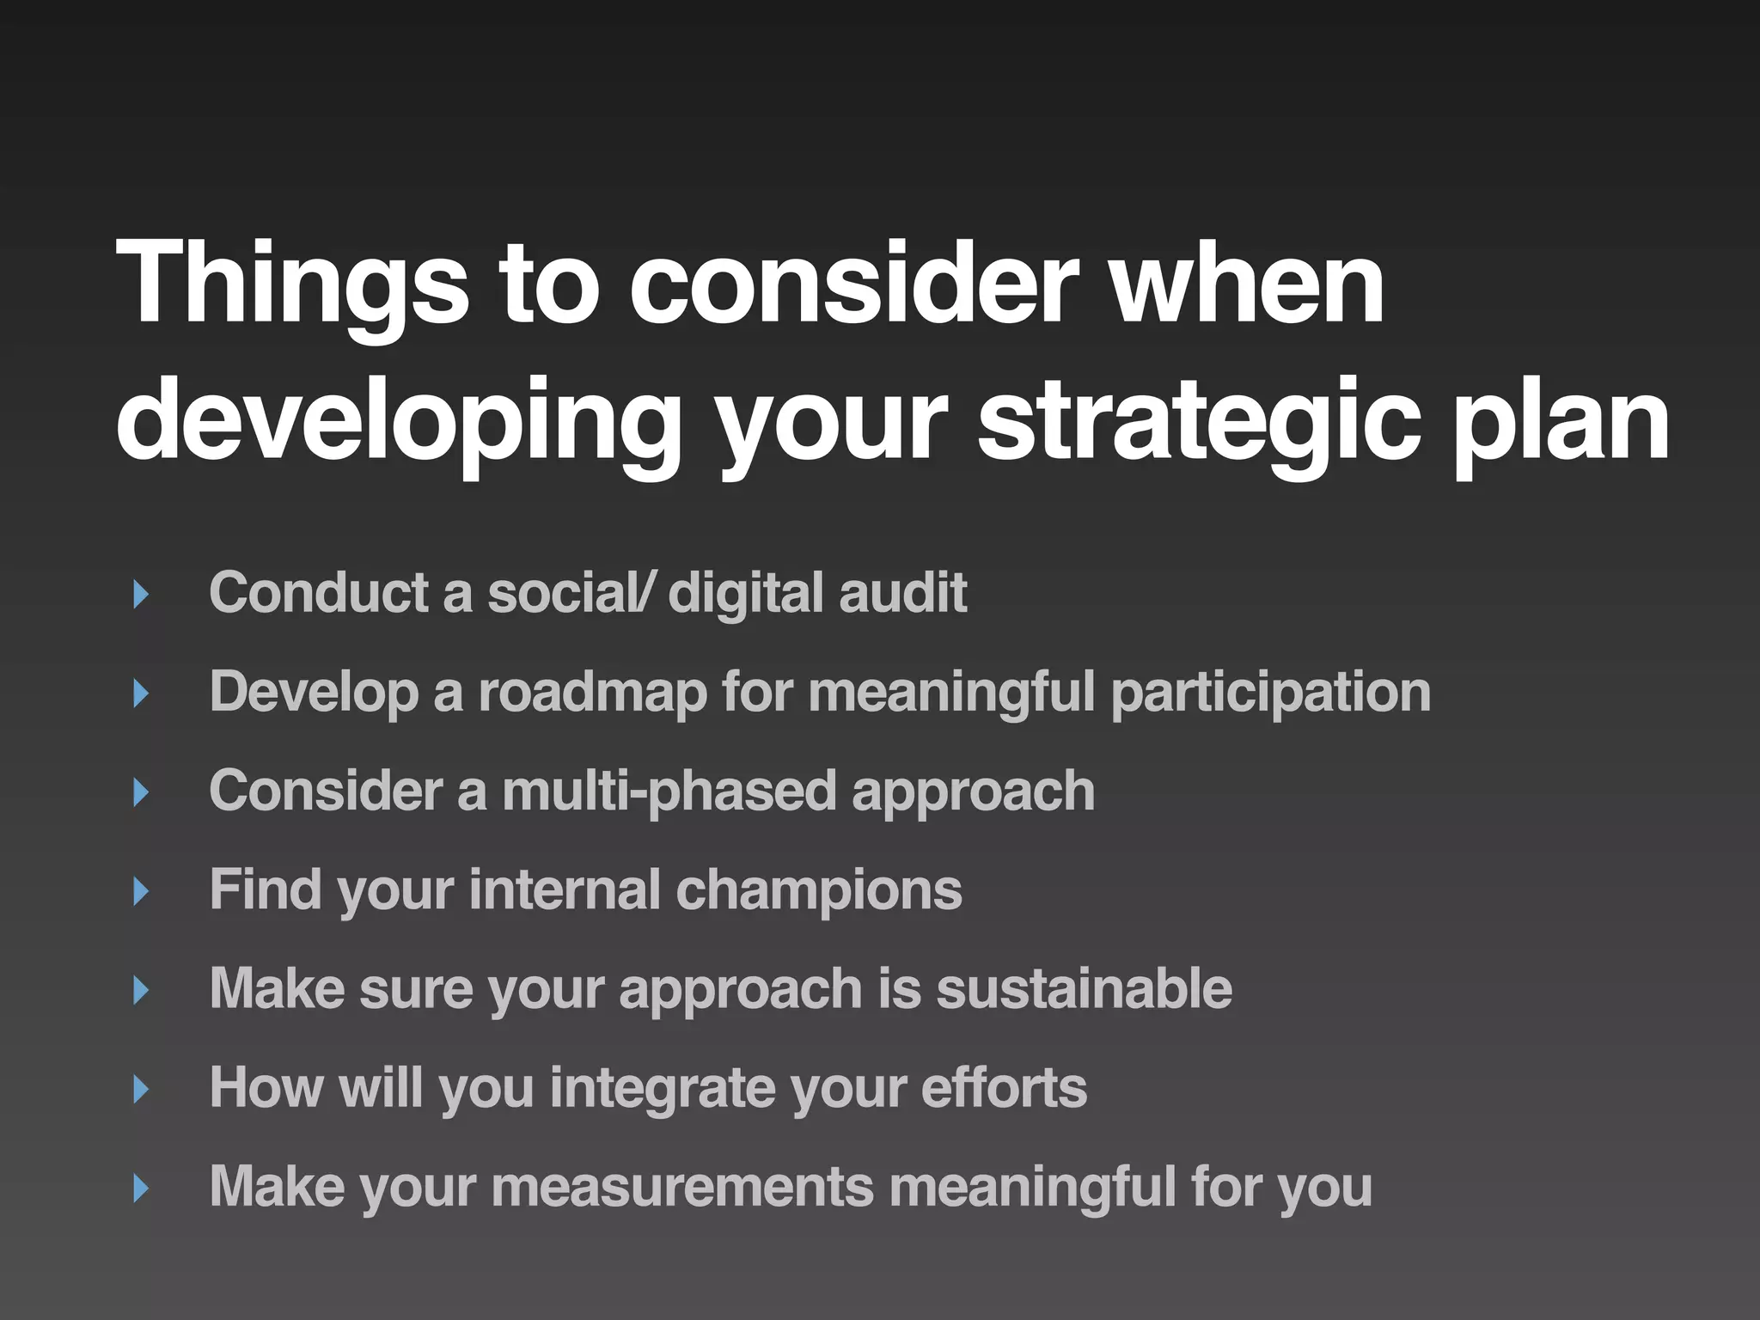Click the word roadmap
coord(592,692)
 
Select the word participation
coord(1271,692)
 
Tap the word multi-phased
coord(669,791)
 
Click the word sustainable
coord(1084,988)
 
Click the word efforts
coord(1004,1087)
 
